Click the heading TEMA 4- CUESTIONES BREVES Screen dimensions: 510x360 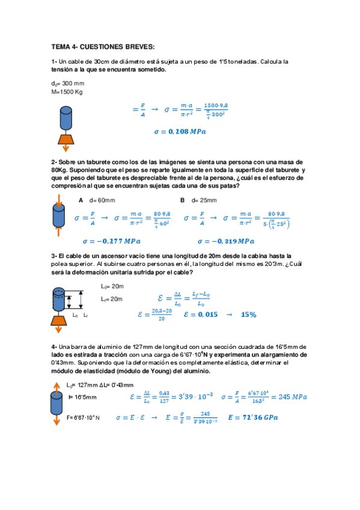pos(103,46)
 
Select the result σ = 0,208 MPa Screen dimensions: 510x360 pos(179,131)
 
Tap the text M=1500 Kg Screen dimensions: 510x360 pos(67,92)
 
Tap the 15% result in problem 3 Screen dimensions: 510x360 pos(248,315)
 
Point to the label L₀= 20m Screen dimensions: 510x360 pos(112,286)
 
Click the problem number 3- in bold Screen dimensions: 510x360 pos(54,256)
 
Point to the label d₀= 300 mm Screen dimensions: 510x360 pos(68,84)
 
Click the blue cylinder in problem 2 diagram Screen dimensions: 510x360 pos(58,214)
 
